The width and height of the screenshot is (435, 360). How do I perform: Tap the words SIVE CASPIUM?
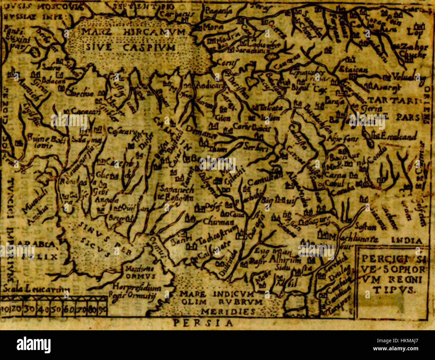click(130, 47)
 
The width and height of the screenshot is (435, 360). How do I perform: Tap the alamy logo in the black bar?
click(34, 344)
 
